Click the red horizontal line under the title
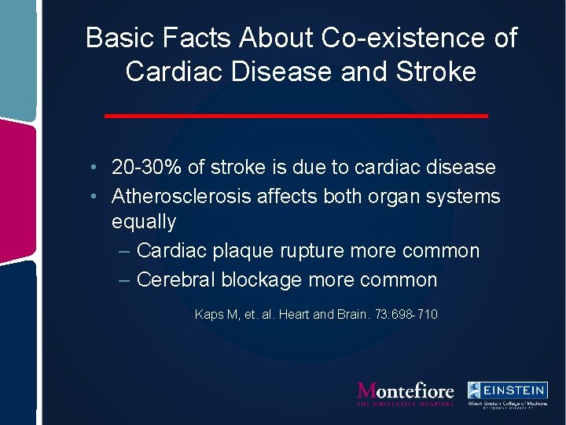point(296,116)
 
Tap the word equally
point(144,223)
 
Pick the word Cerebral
point(175,279)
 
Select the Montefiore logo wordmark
point(406,390)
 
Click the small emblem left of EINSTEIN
point(476,390)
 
